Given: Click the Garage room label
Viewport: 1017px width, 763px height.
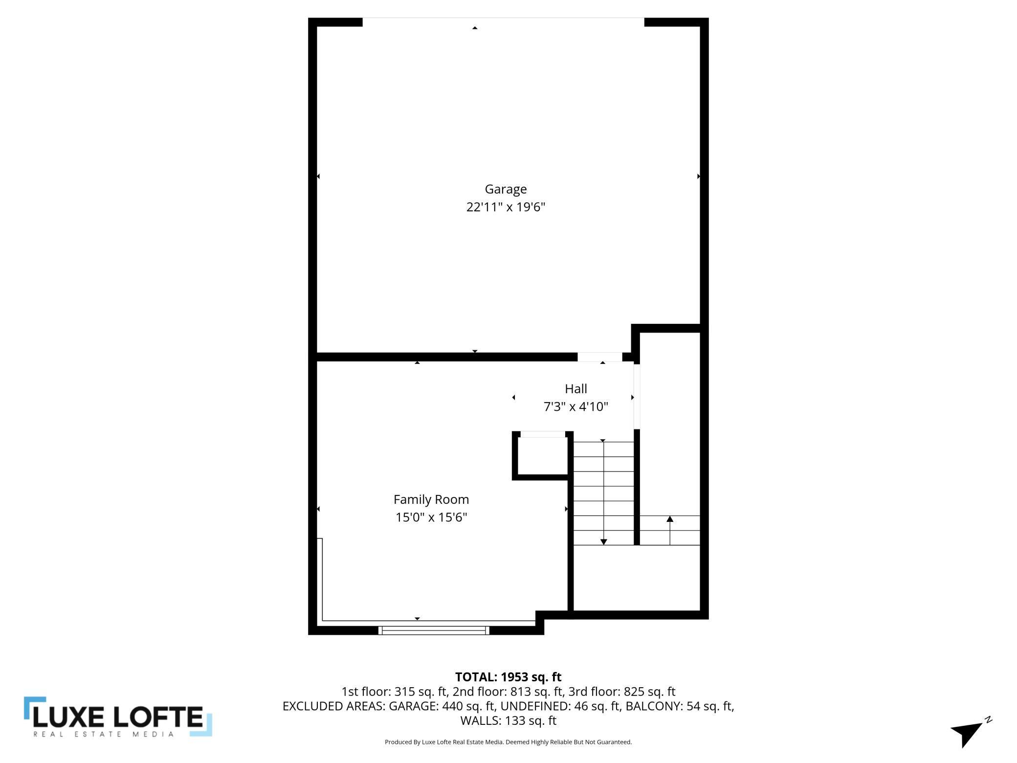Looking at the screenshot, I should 506,189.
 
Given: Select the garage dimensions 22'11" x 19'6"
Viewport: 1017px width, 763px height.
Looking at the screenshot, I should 506,207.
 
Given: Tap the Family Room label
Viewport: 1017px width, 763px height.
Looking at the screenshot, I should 431,499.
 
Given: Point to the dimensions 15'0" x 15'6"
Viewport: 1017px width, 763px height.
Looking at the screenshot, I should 431,517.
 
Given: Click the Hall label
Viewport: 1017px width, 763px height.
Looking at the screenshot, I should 575,389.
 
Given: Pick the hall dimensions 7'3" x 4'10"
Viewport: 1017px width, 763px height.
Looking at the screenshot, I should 575,407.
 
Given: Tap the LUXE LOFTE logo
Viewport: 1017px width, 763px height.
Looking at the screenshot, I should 118,717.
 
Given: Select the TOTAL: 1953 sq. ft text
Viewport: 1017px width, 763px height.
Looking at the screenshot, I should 508,677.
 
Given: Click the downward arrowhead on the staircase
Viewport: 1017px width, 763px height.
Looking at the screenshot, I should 604,542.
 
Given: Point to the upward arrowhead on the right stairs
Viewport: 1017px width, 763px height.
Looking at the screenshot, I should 670,519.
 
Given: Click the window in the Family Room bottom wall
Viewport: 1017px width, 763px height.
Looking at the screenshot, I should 434,630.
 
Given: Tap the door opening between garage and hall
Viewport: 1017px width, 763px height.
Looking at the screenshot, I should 599,357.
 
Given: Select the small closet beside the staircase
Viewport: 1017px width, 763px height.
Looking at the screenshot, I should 542,455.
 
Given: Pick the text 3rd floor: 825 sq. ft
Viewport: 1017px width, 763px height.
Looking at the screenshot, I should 621,692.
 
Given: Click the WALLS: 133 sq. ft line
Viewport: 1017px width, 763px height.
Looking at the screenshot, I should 508,720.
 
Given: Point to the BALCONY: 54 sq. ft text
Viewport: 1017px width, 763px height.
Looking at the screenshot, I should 680,706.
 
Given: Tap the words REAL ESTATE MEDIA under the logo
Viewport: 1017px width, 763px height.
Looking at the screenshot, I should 103,734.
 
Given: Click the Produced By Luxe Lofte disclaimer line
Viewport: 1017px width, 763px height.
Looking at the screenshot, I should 508,742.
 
